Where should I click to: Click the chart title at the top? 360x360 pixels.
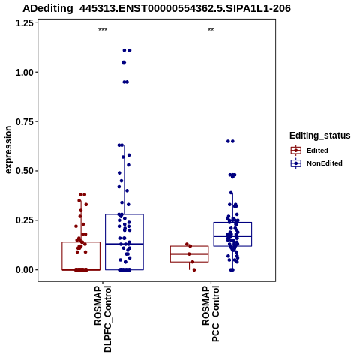coord(157,8)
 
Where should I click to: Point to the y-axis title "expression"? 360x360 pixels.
coord(8,150)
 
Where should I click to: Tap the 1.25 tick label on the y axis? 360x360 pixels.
coord(25,23)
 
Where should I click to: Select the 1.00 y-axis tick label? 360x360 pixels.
coord(25,73)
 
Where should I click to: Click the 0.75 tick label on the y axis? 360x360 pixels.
coord(25,121)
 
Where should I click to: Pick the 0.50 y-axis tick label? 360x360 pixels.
coord(25,171)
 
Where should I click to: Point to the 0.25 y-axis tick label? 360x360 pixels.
coord(25,220)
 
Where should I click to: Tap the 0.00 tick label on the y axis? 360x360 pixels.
coord(25,270)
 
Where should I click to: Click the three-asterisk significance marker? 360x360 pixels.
coord(103,30)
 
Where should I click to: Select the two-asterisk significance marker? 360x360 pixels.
coord(211,30)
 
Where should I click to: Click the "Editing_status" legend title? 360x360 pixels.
coord(320,136)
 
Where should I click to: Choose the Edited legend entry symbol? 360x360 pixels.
coord(296,151)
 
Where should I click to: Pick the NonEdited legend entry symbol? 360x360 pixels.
coord(296,163)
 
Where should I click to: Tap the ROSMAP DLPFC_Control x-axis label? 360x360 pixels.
coord(103,319)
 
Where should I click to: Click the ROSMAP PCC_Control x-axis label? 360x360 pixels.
coord(211,313)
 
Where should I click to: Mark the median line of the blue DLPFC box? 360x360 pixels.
coord(124,244)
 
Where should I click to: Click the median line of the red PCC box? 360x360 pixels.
coord(190,253)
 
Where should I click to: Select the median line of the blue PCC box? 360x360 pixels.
coord(232,236)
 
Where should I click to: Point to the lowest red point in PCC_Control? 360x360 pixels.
coord(194,270)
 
